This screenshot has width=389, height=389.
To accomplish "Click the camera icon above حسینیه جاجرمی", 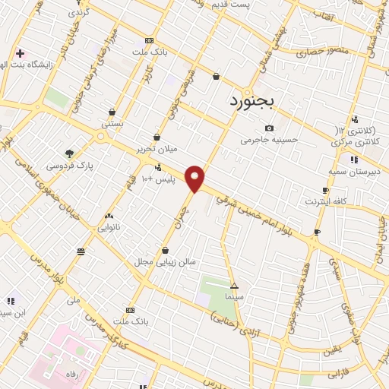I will tap(268, 128).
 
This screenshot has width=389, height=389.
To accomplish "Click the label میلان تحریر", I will tap(157, 149).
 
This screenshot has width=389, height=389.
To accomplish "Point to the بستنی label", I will tap(112, 123).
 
